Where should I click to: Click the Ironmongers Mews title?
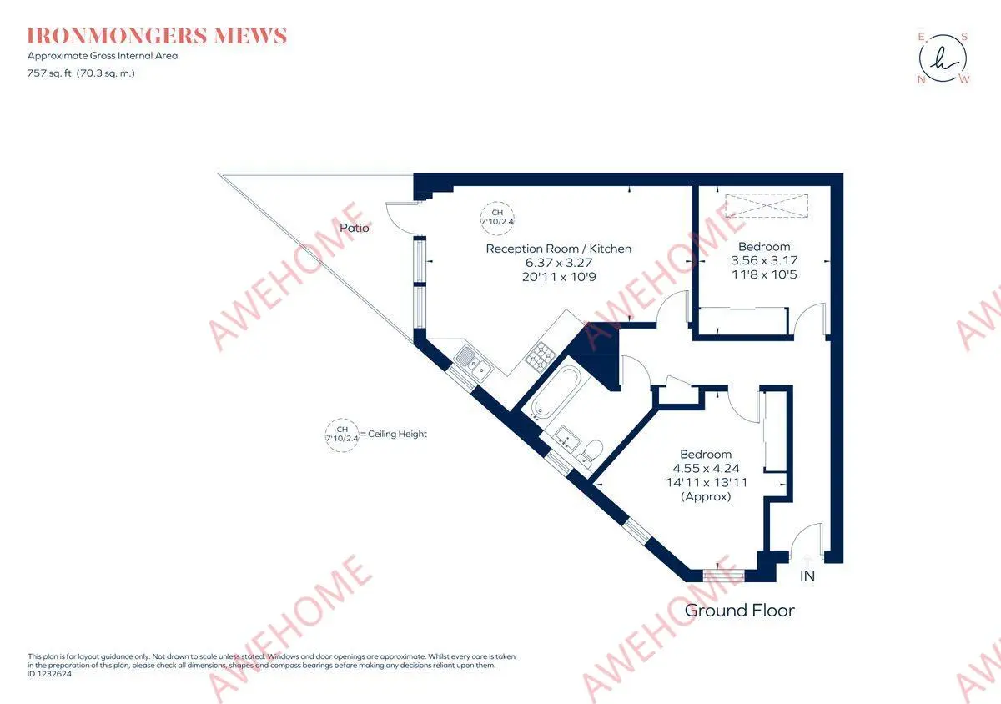click(x=157, y=36)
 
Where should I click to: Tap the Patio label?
click(x=355, y=227)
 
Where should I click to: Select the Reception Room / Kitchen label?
click(x=558, y=249)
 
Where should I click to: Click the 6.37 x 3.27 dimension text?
click(x=558, y=262)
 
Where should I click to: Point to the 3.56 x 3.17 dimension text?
click(x=764, y=260)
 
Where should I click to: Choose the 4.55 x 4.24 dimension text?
click(x=706, y=468)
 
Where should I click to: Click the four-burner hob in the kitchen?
click(x=538, y=358)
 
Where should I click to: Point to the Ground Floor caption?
click(x=739, y=611)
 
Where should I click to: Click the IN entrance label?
click(x=807, y=576)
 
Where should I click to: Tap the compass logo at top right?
click(x=943, y=58)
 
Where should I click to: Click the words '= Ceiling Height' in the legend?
click(x=393, y=435)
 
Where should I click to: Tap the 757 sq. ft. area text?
click(x=81, y=73)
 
